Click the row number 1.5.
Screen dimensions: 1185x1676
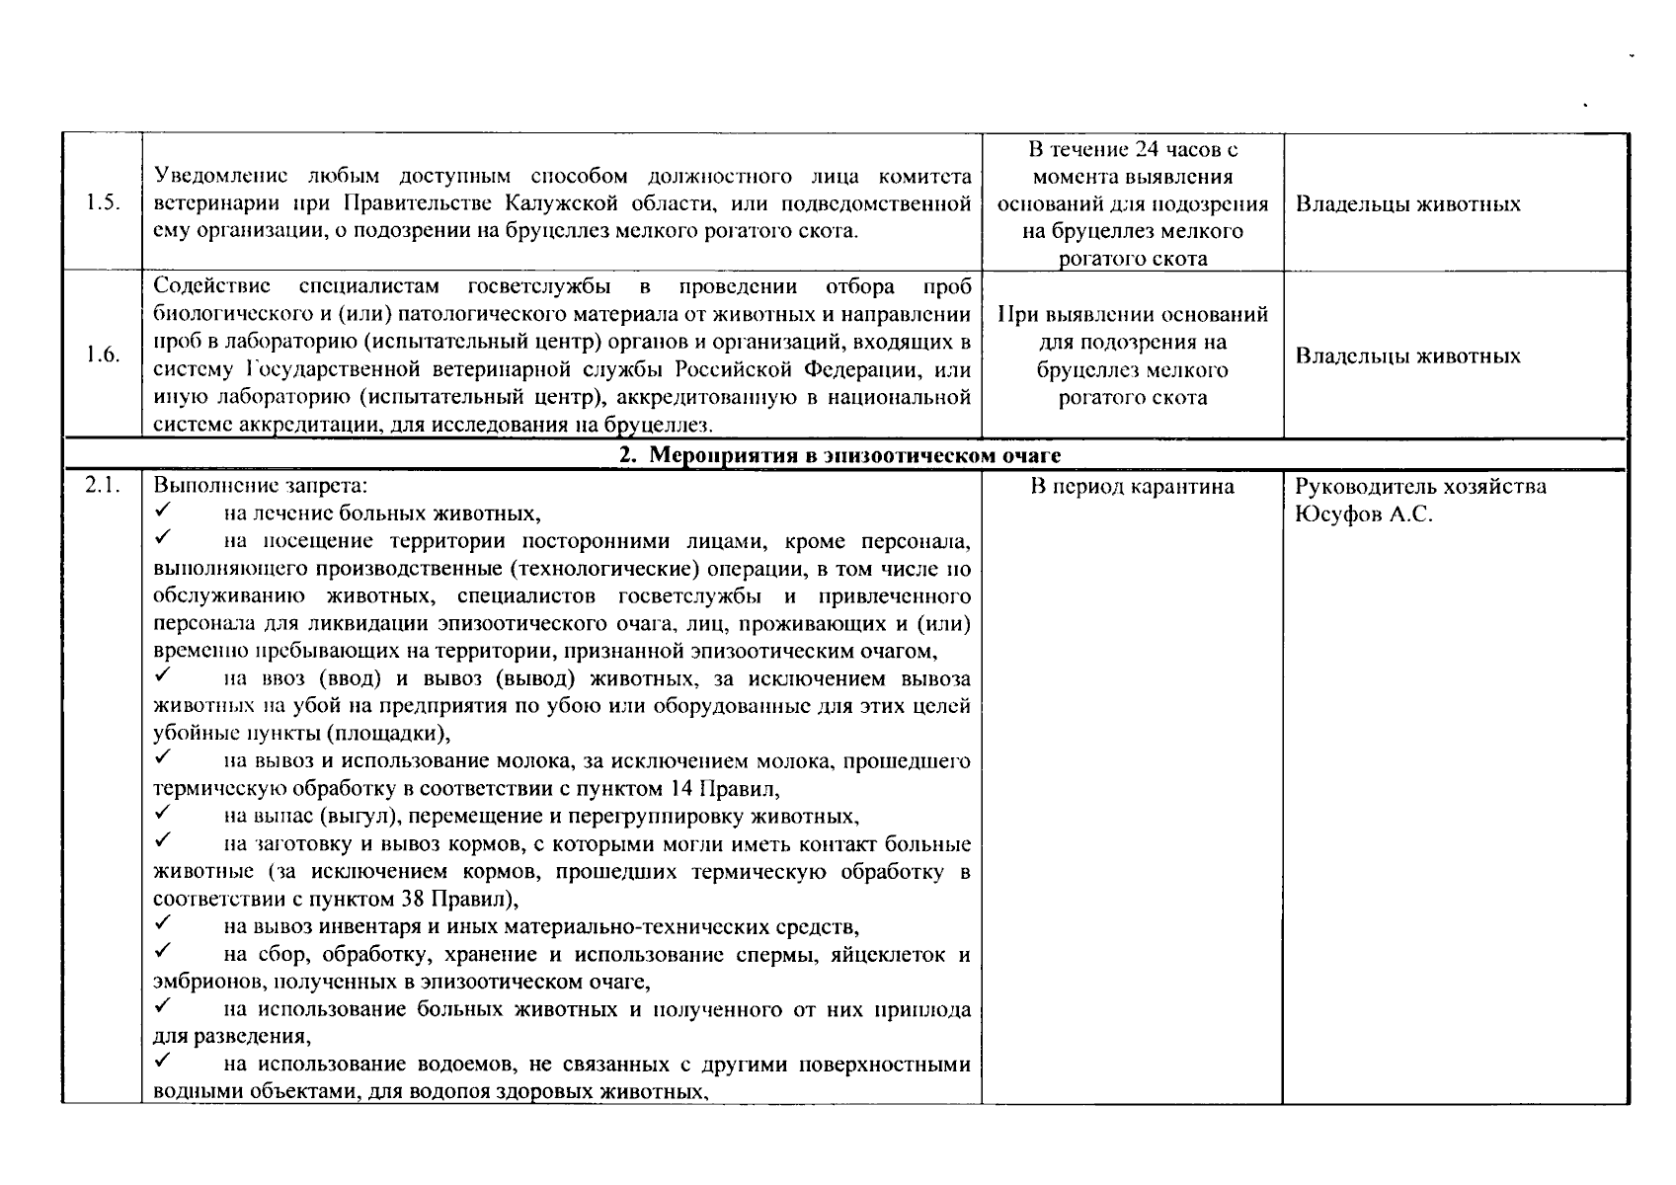pyautogui.click(x=102, y=203)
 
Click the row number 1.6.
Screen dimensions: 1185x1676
pyautogui.click(x=102, y=355)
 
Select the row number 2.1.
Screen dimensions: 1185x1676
pyautogui.click(x=102, y=486)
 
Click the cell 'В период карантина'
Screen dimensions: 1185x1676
pyautogui.click(x=1132, y=487)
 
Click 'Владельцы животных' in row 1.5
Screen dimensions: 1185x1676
pyautogui.click(x=1407, y=204)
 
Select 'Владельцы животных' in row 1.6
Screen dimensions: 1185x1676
pyautogui.click(x=1407, y=355)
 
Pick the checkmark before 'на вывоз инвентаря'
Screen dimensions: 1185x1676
pyautogui.click(x=164, y=925)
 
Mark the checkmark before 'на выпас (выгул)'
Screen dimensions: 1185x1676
pyautogui.click(x=164, y=815)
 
